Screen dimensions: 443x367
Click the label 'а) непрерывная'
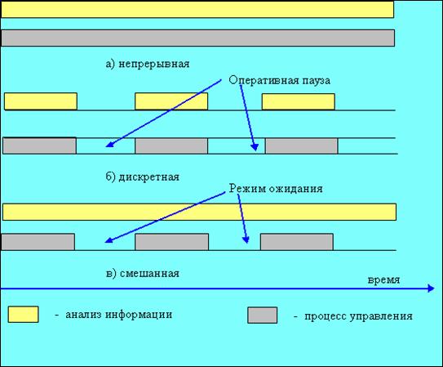click(x=148, y=65)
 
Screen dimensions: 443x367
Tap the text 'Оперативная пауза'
click(x=279, y=81)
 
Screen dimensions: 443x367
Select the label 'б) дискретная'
click(x=143, y=177)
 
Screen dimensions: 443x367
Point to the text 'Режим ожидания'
click(x=276, y=189)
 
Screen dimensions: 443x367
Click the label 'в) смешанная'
click(x=143, y=274)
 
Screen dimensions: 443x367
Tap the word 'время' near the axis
click(x=383, y=280)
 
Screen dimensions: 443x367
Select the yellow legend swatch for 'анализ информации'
click(x=23, y=315)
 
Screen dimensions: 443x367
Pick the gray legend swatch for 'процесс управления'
click(x=262, y=316)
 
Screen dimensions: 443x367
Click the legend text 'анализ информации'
click(x=118, y=315)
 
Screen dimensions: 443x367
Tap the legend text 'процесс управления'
click(x=358, y=316)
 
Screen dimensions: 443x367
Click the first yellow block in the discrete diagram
click(x=41, y=101)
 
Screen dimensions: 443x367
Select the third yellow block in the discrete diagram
click(x=299, y=101)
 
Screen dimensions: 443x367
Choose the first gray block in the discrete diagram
click(x=39, y=145)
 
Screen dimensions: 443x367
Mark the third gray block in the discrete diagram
click(x=302, y=146)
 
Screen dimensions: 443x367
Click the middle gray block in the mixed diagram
click(x=172, y=242)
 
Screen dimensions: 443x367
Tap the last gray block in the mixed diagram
click(x=297, y=242)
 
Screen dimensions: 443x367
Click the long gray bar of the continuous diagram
click(x=197, y=38)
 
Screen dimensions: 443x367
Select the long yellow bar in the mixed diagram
click(x=199, y=212)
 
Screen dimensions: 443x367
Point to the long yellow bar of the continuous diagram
click(x=197, y=9)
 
